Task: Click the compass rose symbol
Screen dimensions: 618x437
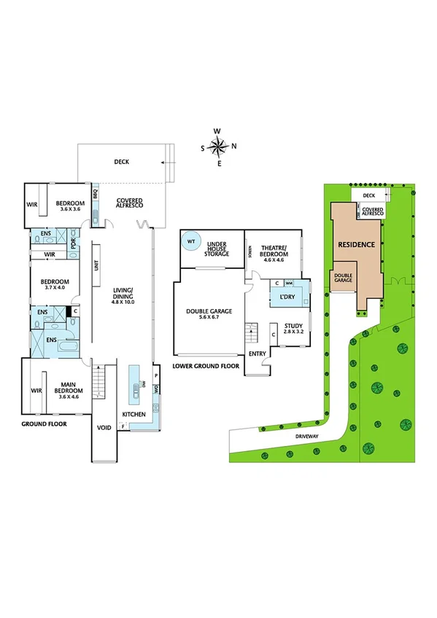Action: pos(219,147)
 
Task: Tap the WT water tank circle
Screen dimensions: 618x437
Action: pos(191,241)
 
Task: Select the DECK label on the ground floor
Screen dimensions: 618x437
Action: pos(121,162)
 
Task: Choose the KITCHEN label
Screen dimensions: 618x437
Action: pos(134,415)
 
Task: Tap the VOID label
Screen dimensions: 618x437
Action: pos(104,427)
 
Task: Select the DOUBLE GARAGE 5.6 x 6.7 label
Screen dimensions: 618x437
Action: pos(209,313)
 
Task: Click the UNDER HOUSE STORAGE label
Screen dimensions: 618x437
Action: pos(218,250)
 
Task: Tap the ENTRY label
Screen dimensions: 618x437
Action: pos(257,353)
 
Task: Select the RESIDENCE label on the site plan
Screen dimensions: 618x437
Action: pos(357,245)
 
